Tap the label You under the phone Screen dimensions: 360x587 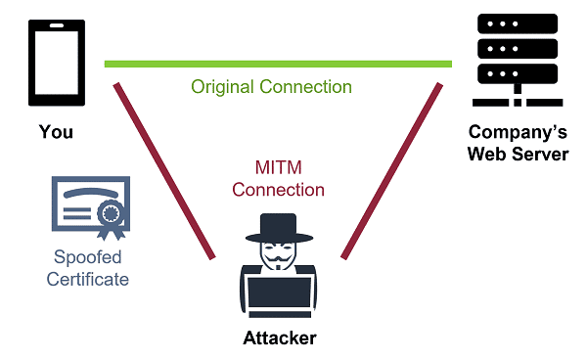point(56,131)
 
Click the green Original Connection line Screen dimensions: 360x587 point(278,65)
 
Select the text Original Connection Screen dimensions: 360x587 point(271,87)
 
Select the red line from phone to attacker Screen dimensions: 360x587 point(164,171)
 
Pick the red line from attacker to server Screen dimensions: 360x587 point(389,171)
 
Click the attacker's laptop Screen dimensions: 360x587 point(280,297)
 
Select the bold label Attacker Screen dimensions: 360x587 point(280,338)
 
